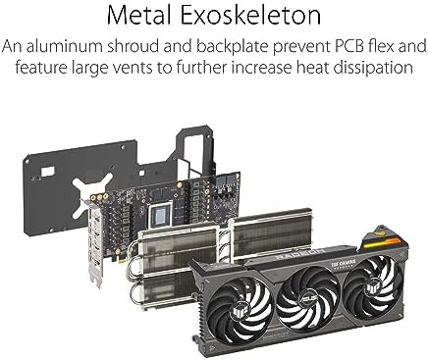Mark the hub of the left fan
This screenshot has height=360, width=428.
tap(235, 298)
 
